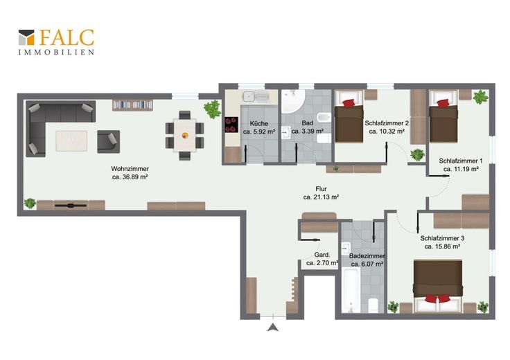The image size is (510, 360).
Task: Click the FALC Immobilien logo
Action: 56,42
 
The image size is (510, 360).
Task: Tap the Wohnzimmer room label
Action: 130,169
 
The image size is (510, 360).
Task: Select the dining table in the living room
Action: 185,135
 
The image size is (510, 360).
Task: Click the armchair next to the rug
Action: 109,142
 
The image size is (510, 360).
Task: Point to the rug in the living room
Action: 71,141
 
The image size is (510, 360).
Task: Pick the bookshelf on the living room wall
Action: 133,105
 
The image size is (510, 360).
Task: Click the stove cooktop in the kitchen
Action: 231,125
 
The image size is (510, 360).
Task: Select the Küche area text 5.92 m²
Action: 259,132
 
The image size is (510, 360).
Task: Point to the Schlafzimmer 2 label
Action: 387,123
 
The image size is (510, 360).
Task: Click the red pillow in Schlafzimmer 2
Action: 349,103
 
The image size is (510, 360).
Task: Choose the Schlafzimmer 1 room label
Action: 461,161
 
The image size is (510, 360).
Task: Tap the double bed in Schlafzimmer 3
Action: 438,286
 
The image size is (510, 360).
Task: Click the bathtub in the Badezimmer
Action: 351,289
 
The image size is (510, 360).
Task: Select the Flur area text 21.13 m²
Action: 321,197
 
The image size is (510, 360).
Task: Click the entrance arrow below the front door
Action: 273,327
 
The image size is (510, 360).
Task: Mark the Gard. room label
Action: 322,255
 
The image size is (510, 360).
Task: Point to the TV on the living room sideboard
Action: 71,206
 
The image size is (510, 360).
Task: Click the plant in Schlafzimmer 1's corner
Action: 480,97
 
